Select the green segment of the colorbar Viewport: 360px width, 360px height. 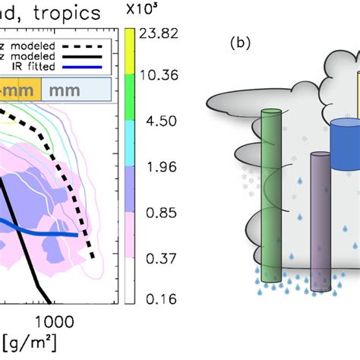[130, 96]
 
